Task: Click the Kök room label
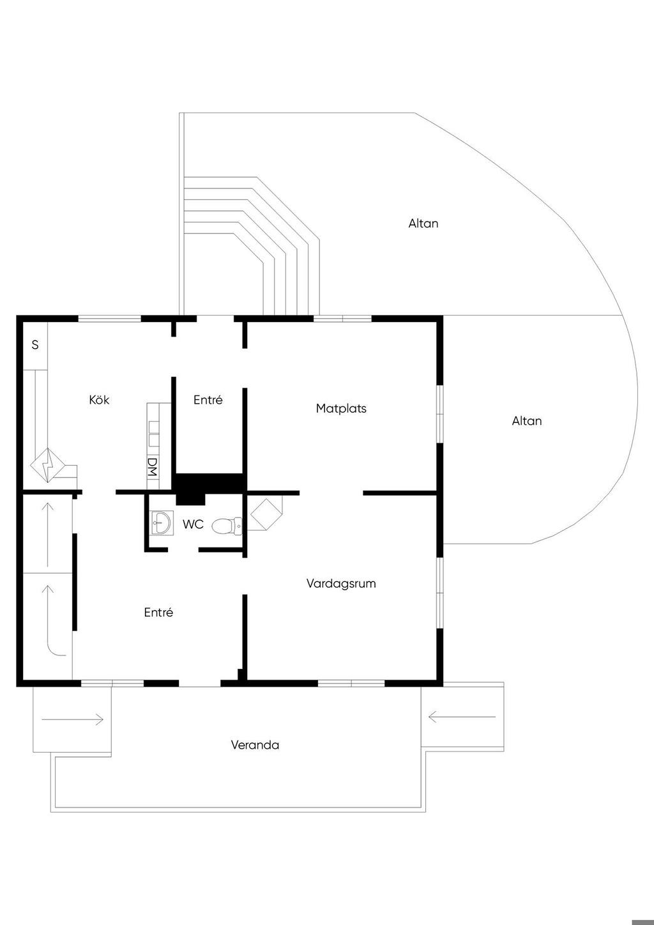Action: coord(99,400)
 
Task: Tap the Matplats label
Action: coord(341,408)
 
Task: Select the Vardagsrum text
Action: coord(341,583)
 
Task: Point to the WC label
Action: coord(193,524)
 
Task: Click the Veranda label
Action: coord(255,745)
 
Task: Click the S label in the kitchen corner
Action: coord(35,345)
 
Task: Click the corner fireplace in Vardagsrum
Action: coord(265,513)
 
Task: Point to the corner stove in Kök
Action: coord(49,465)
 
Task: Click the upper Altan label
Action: coord(423,224)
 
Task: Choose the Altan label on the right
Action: coord(527,421)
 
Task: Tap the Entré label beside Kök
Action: coord(208,400)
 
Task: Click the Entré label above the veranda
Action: coord(158,612)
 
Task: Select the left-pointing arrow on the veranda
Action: coord(462,717)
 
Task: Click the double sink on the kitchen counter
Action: coord(154,432)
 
